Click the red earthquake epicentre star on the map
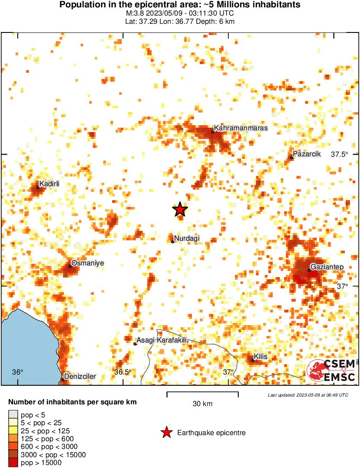click(180, 210)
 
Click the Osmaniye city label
click(88, 263)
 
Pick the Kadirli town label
click(49, 184)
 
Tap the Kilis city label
click(261, 357)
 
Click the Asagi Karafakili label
click(162, 341)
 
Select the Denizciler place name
click(80, 377)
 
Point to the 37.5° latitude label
click(340, 155)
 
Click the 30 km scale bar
click(202, 394)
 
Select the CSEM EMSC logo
click(332, 371)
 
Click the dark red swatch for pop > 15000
click(13, 462)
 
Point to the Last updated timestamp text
click(308, 395)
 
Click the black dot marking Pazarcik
click(292, 158)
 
